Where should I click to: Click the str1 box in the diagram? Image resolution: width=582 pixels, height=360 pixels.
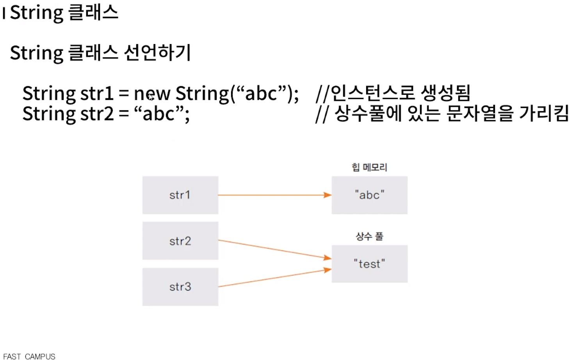(180, 195)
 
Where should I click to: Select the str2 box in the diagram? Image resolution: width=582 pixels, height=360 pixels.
(180, 241)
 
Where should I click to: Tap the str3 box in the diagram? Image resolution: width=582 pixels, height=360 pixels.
(180, 287)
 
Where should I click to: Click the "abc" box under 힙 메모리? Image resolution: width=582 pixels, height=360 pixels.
(369, 195)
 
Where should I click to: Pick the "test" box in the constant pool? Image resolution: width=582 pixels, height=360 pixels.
(369, 264)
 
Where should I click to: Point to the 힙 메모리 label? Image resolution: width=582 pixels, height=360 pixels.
(369, 167)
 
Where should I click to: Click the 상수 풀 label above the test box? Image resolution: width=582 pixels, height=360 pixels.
(369, 236)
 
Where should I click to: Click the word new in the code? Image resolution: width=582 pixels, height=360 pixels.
(152, 94)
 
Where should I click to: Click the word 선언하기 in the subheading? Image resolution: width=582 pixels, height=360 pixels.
(157, 53)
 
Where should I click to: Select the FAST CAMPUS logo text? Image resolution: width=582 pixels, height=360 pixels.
(29, 356)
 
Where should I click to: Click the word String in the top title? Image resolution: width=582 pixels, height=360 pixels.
(36, 13)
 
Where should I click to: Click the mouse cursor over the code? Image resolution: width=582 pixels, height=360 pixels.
(151, 97)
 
